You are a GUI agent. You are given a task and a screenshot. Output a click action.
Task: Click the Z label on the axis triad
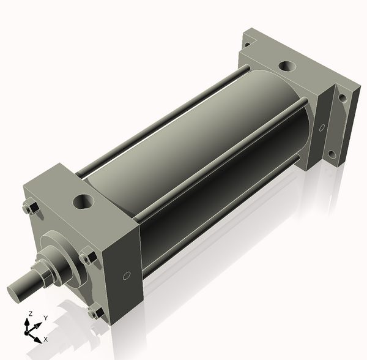tap(30, 313)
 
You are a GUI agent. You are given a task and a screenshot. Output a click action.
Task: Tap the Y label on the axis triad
tap(45, 318)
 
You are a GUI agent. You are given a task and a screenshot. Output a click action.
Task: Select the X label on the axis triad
tap(45, 339)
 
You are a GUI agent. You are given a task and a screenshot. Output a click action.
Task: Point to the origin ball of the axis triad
tap(28, 331)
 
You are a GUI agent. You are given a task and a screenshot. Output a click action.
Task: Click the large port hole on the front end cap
tap(83, 201)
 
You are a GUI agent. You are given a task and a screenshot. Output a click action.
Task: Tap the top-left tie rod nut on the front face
tap(31, 208)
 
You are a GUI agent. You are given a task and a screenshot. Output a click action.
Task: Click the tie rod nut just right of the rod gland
tap(88, 257)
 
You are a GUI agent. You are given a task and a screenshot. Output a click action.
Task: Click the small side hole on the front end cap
tap(127, 276)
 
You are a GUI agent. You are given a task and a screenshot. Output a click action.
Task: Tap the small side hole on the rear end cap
tap(321, 127)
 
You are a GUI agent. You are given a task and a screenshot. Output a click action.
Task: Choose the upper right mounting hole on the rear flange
tap(343, 97)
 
